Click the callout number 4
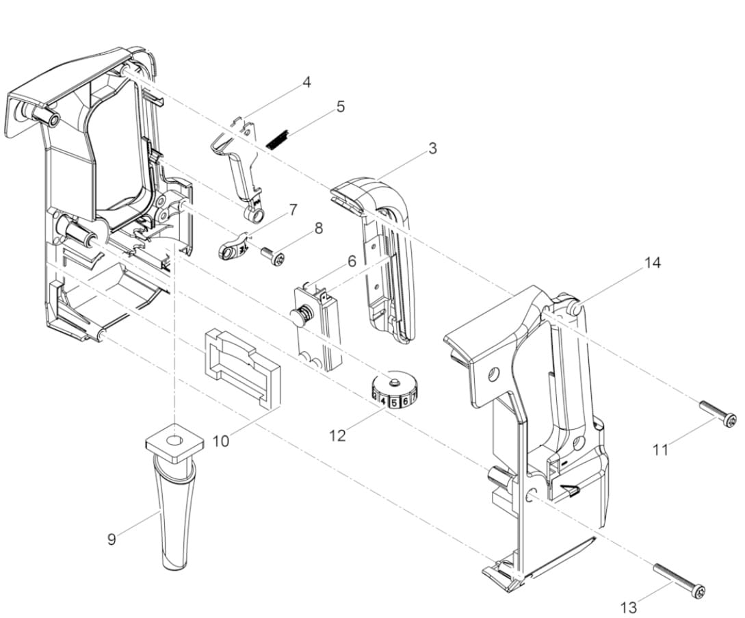point(307,82)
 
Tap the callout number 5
point(341,107)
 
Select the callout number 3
point(432,149)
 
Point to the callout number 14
point(653,262)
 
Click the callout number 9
point(112,539)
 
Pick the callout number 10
point(220,441)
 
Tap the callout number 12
point(337,436)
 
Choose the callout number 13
point(629,607)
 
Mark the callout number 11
point(660,449)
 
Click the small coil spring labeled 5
point(278,139)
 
